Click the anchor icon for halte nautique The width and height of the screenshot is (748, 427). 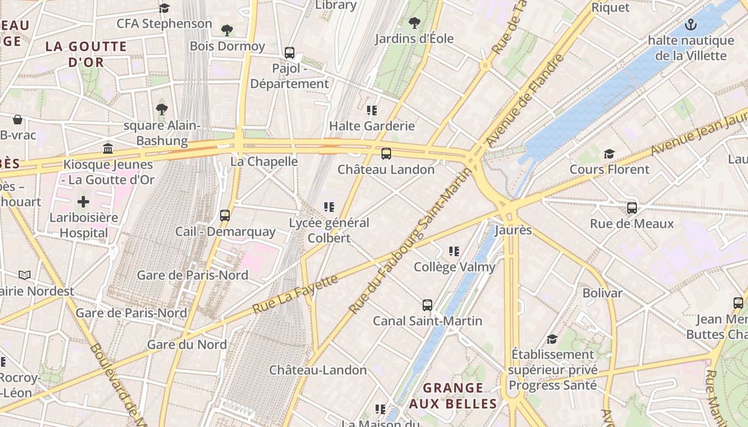(691, 25)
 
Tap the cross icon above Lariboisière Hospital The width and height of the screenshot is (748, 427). (83, 202)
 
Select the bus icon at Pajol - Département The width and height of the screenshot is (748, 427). (290, 53)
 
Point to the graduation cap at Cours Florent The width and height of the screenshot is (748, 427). (609, 154)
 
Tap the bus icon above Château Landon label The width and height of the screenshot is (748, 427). (386, 154)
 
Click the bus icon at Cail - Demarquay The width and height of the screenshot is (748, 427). (225, 216)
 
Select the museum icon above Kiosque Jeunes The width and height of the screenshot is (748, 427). (108, 148)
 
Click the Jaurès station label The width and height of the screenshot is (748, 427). (513, 230)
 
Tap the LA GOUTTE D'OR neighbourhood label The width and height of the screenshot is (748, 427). (86, 54)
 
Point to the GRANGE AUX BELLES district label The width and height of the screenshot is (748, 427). (453, 396)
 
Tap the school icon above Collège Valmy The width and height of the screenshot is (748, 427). (454, 251)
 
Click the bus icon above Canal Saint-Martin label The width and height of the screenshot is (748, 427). (427, 305)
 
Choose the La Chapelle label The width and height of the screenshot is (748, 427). (264, 161)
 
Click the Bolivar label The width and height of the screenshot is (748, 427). (602, 293)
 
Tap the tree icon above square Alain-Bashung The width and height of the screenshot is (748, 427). (162, 109)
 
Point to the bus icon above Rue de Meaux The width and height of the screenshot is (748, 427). (632, 208)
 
